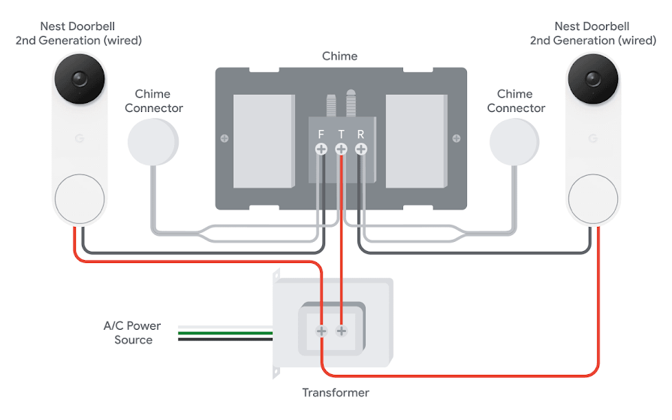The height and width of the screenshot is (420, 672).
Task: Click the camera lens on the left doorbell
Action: pos(78,79)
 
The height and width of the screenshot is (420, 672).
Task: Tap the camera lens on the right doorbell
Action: pos(593,79)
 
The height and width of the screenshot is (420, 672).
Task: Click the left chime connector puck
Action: pos(153,141)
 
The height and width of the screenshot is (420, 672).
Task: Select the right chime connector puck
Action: pos(514,141)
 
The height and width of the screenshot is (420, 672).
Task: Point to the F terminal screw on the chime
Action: pos(321,150)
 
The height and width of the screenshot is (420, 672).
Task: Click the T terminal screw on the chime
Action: pos(341,150)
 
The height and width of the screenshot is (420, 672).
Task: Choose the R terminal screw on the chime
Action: pos(361,150)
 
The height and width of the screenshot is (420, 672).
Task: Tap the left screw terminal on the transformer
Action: pos(321,331)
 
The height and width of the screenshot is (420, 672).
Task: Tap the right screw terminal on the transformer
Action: pos(342,331)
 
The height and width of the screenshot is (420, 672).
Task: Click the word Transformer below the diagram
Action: pos(336,393)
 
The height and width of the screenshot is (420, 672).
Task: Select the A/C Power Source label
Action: pos(132,333)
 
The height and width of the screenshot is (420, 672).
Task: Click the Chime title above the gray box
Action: pos(339,56)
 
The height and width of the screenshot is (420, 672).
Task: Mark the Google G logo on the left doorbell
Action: pos(78,139)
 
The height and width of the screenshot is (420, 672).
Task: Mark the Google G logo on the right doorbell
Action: pos(593,139)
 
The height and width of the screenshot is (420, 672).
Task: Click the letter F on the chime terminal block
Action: pos(321,134)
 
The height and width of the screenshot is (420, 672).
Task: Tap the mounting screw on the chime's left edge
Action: pos(224,138)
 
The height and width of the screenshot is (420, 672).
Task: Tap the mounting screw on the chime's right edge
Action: pos(457,138)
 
